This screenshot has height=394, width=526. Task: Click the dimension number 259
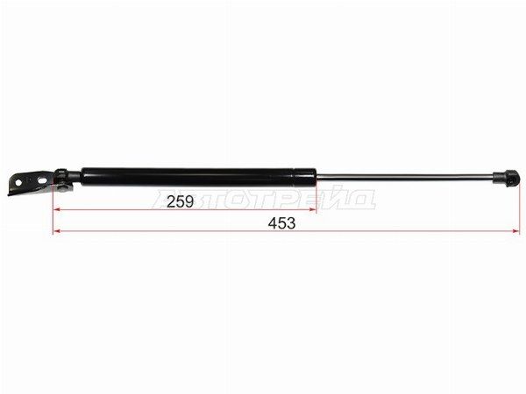(x=180, y=201)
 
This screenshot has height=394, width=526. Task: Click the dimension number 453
(x=281, y=223)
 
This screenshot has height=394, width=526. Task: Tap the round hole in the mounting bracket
(x=18, y=183)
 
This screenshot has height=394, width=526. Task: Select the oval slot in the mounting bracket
(x=43, y=180)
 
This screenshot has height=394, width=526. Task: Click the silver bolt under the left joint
(x=63, y=188)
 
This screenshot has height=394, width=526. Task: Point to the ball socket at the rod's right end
(x=506, y=177)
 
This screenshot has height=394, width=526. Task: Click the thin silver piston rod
(x=405, y=177)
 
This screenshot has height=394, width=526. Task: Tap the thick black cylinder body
(x=199, y=177)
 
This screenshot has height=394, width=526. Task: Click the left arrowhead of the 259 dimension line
(x=57, y=210)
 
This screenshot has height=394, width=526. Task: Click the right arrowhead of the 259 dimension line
(x=313, y=210)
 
